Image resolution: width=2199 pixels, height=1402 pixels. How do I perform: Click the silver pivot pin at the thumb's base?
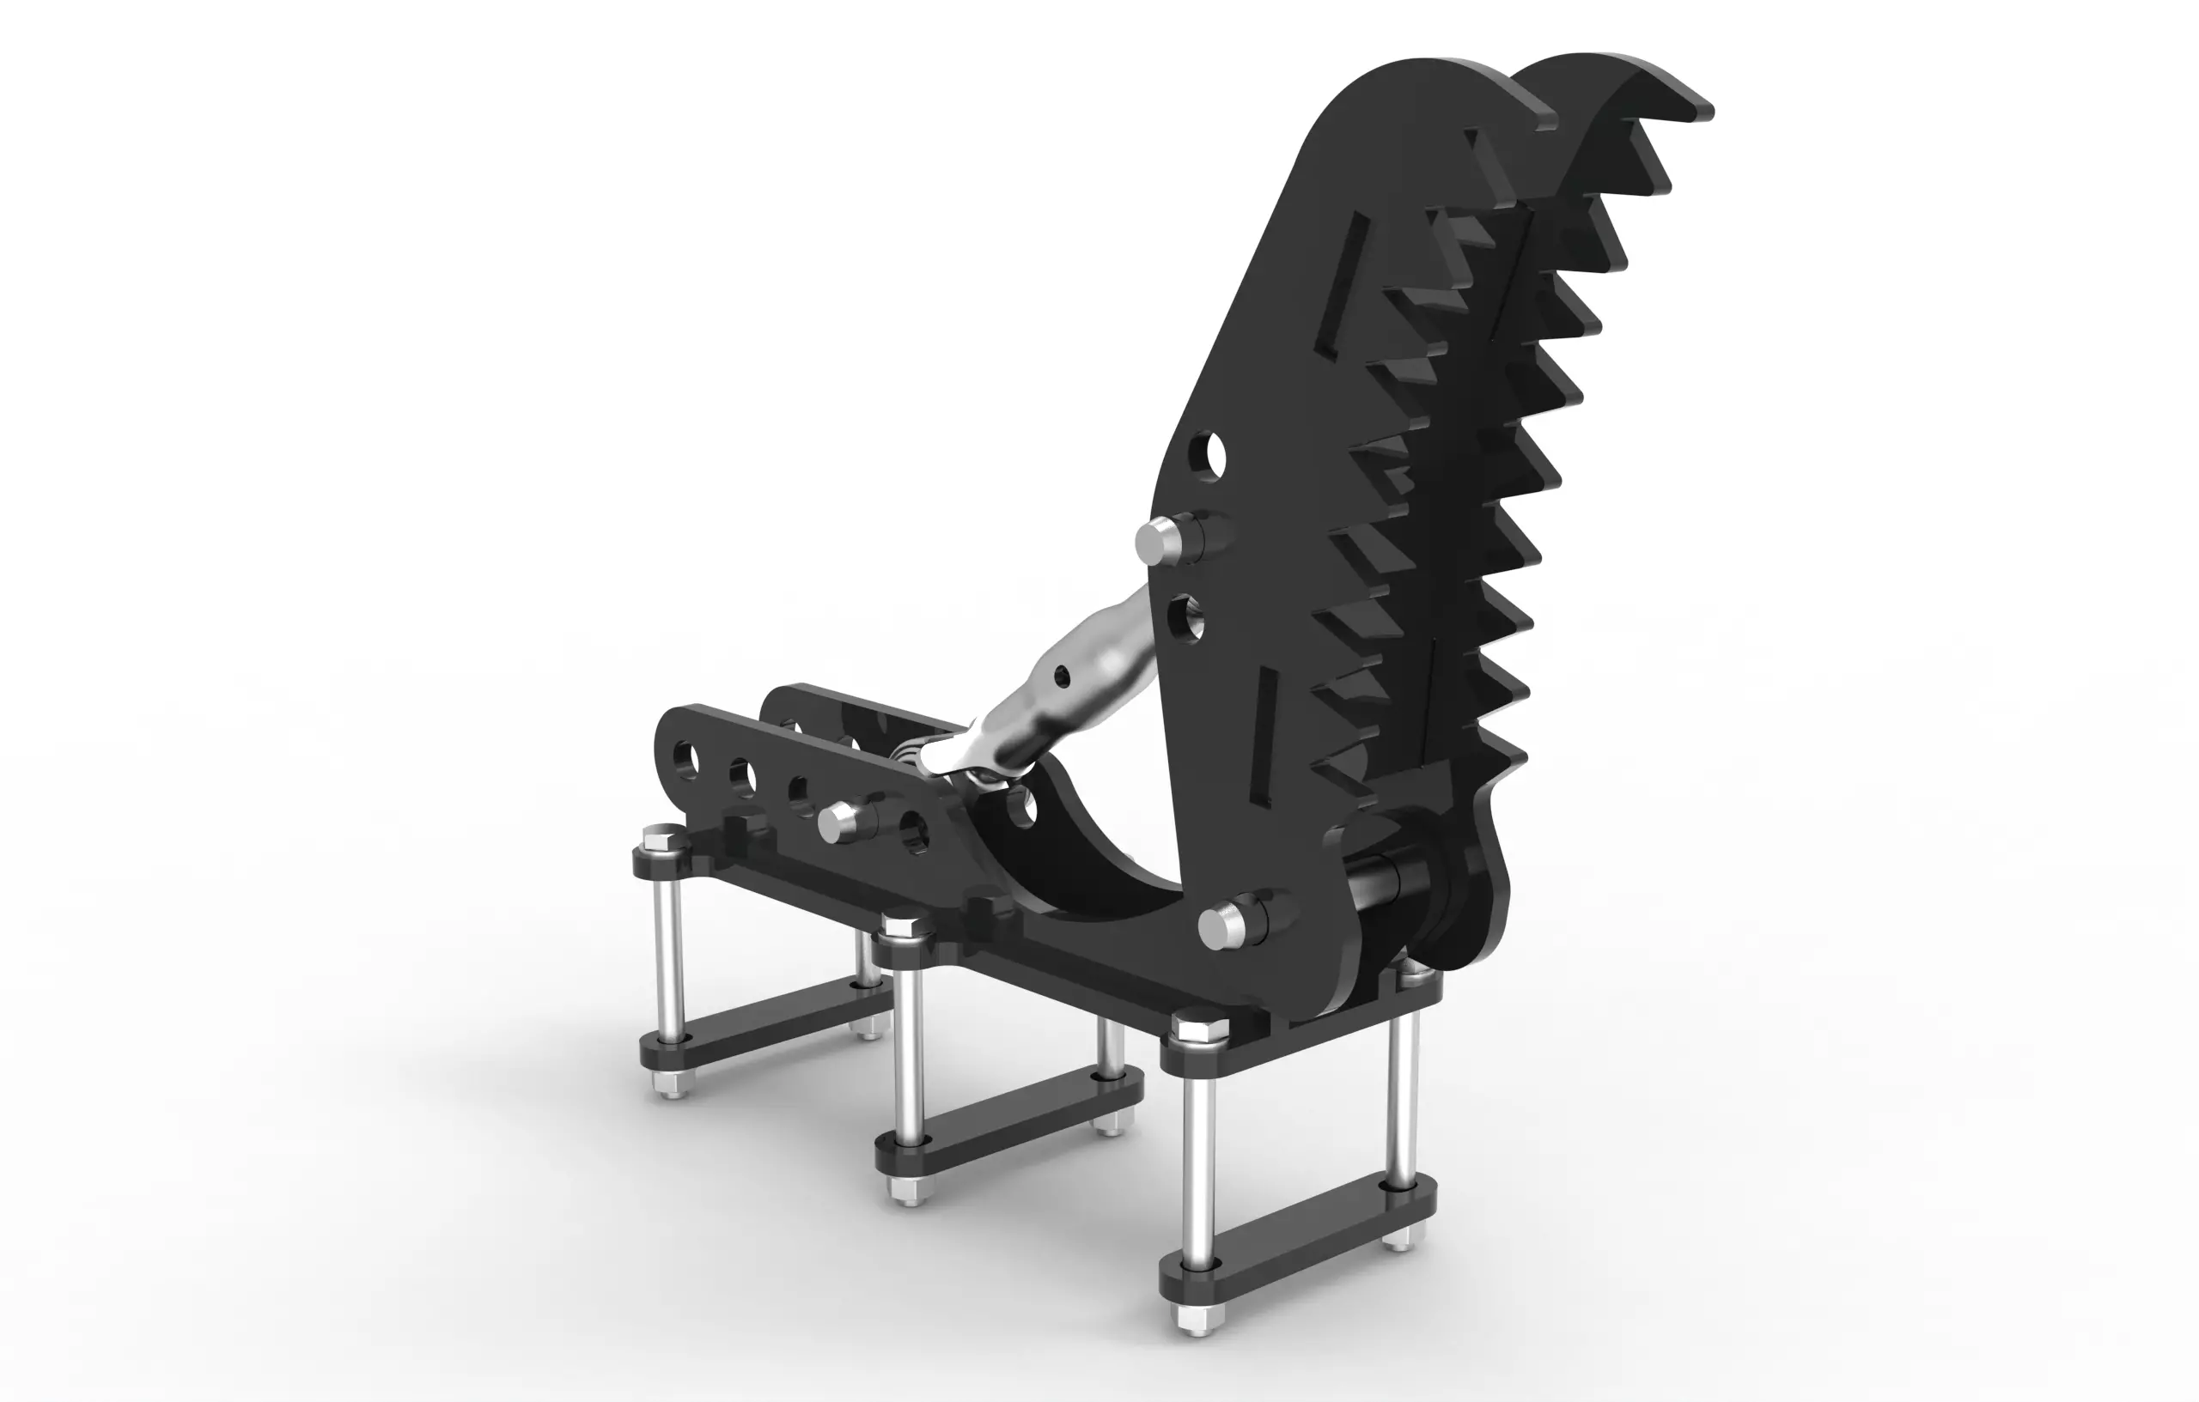tap(1221, 927)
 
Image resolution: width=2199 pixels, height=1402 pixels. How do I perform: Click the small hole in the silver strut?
tap(1061, 677)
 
